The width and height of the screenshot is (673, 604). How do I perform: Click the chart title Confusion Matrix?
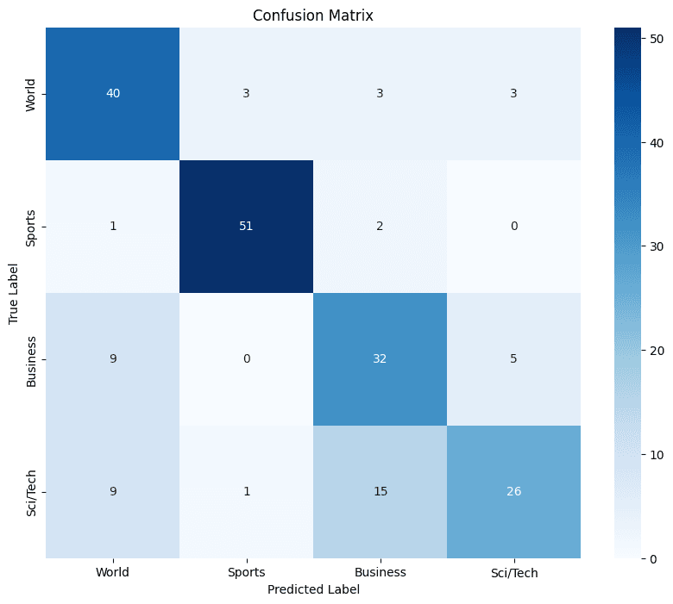312,16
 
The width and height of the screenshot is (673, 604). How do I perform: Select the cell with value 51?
246,226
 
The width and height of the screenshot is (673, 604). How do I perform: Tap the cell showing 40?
112,93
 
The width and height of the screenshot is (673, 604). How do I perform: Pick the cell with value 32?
380,358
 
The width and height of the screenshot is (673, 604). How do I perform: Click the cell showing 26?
513,491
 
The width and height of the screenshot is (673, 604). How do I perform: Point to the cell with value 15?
380,491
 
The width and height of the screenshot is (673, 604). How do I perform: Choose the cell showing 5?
513,358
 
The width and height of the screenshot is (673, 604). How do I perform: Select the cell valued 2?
380,226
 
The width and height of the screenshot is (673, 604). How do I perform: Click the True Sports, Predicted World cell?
112,226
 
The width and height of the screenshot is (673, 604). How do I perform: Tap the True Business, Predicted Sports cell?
246,358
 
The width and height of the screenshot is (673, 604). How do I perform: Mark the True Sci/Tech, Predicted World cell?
112,491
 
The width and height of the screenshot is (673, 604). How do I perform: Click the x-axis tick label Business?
380,572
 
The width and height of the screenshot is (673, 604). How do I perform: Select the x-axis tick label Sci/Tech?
513,572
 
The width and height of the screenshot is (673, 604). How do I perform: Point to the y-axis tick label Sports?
32,226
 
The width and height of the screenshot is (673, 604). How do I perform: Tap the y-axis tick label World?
32,93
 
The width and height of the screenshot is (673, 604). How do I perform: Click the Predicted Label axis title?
312,589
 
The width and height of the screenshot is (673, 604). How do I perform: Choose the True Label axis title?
14,293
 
